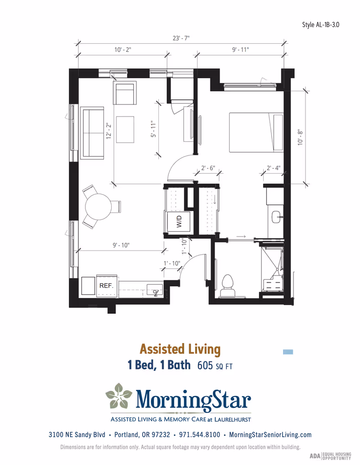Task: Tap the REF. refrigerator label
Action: (106, 286)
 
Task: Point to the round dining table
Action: (98, 207)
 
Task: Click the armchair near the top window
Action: (124, 93)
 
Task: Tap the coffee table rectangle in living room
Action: (126, 129)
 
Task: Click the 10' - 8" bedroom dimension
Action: (300, 136)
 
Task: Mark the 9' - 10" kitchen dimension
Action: (121, 245)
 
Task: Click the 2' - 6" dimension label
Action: (208, 168)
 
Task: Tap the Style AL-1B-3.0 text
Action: (320, 24)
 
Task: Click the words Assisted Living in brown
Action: (180, 349)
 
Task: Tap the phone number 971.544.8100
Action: (199, 435)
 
